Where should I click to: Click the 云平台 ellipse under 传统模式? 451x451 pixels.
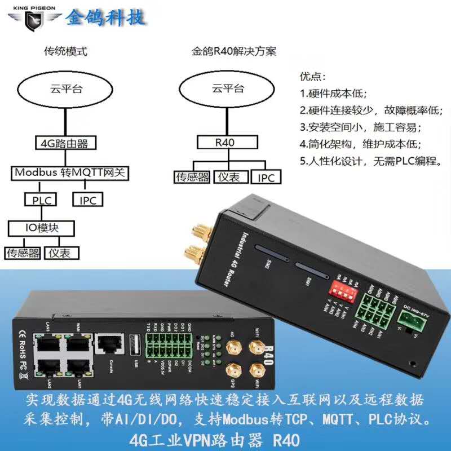pos(65,89)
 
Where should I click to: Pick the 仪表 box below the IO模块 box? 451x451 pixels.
pos(61,253)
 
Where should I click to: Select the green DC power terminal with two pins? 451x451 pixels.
pos(410,321)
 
